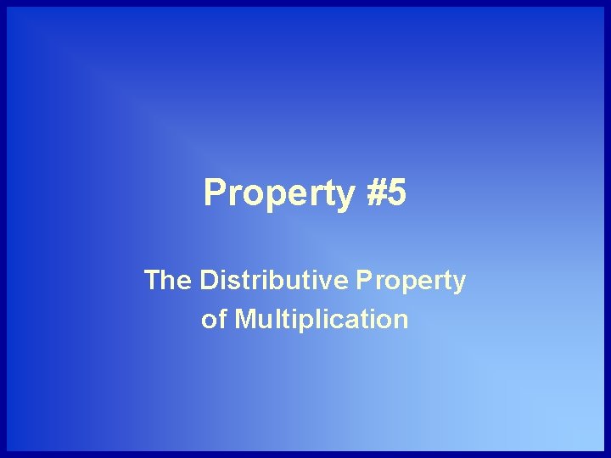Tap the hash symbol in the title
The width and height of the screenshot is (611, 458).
pos(378,193)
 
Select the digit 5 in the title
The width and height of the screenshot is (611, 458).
pos(398,193)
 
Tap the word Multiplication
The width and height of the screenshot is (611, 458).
pos(322,320)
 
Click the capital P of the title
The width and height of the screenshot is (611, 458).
pos(215,193)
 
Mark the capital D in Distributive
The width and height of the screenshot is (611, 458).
pos(210,280)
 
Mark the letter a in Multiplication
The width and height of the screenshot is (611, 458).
pos(357,321)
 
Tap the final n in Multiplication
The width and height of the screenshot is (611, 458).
pos(401,321)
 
